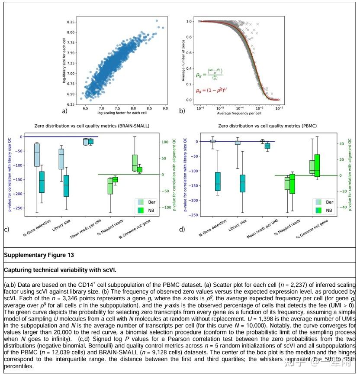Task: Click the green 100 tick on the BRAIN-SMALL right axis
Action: (x=165, y=142)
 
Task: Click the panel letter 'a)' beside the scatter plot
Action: (x=65, y=111)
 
